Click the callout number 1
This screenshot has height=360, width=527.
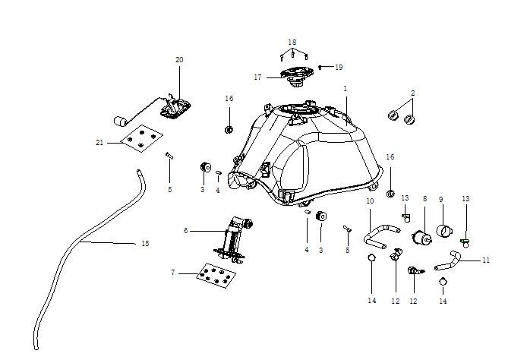(x=345, y=89)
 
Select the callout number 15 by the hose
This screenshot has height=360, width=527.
(x=145, y=244)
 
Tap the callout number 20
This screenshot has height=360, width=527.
(x=179, y=59)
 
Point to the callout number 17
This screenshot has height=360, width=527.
(x=257, y=77)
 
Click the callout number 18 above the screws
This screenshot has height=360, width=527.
(x=292, y=42)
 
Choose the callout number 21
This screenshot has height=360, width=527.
(x=99, y=142)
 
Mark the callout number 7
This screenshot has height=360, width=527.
(x=173, y=272)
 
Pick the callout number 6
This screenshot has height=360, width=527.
(x=185, y=230)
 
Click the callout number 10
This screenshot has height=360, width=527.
(x=370, y=201)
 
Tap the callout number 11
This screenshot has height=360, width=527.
(x=486, y=260)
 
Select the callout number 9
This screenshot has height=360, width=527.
(x=440, y=199)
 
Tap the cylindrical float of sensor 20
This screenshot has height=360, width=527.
(x=119, y=121)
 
